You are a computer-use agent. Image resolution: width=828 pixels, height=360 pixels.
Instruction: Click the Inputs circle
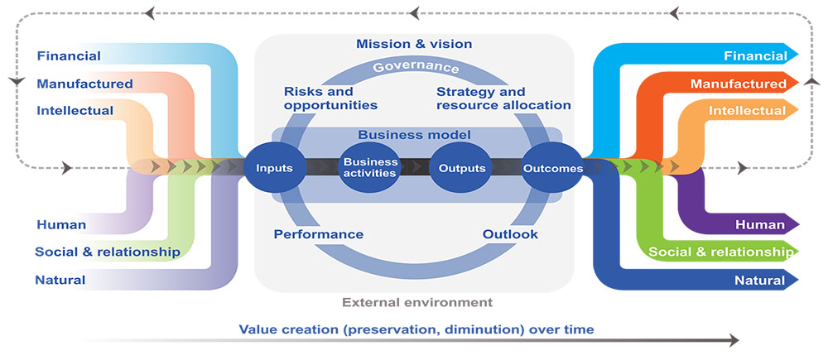[274, 168]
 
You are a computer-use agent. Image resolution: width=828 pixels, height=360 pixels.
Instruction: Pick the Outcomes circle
[553, 168]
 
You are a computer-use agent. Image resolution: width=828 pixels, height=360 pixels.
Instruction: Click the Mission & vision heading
[414, 43]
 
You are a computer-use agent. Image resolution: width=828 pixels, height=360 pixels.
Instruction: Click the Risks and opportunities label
[330, 98]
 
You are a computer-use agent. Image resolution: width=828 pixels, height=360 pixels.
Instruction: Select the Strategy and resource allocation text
[503, 98]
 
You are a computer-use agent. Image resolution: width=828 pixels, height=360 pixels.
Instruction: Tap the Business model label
[415, 135]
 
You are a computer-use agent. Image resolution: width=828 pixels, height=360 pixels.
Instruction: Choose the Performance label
[319, 234]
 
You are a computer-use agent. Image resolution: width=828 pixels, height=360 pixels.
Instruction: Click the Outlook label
[510, 234]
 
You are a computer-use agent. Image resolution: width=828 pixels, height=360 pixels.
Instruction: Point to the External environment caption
[417, 302]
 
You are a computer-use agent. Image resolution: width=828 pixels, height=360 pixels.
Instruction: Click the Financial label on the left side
[69, 55]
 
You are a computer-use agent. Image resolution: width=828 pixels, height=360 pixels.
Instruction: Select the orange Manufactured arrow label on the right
[739, 84]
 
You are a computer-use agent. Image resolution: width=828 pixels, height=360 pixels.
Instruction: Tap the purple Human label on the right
[760, 225]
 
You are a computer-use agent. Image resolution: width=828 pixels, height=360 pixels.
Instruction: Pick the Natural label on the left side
[60, 280]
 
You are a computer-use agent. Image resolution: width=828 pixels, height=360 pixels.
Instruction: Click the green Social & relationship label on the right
[721, 252]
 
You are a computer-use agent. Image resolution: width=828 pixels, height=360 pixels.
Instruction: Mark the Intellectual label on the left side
[75, 111]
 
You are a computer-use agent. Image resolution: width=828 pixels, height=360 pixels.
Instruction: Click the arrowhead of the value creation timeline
[733, 340]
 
